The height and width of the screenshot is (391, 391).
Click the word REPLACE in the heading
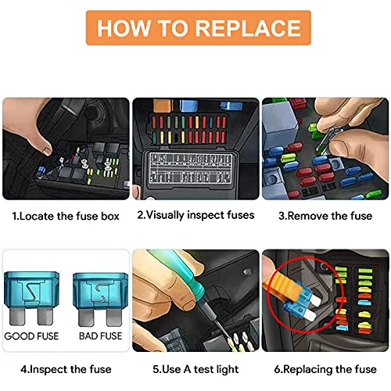pyautogui.click(x=248, y=29)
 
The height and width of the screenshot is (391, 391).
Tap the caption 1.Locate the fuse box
pyautogui.click(x=66, y=215)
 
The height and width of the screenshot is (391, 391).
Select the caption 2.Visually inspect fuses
pyautogui.click(x=195, y=215)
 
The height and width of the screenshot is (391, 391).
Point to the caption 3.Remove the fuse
pyautogui.click(x=324, y=215)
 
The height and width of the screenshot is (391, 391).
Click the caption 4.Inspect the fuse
pyautogui.click(x=66, y=368)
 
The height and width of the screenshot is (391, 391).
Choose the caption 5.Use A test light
pyautogui.click(x=195, y=368)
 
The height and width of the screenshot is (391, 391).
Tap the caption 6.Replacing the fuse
pyautogui.click(x=324, y=368)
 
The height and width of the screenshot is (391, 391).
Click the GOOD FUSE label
pyautogui.click(x=31, y=335)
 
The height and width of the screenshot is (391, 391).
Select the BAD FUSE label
pyautogui.click(x=100, y=335)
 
